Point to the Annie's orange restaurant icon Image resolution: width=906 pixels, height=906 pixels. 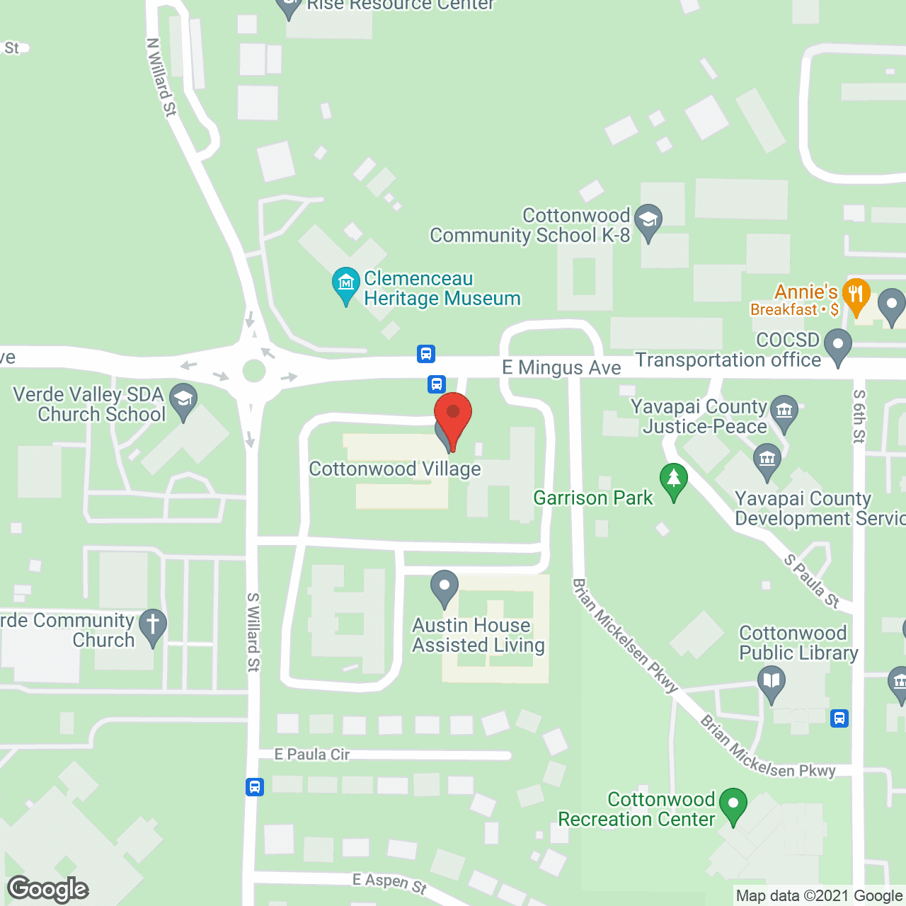[x=856, y=296]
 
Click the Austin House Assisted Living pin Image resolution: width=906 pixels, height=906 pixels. [x=445, y=587]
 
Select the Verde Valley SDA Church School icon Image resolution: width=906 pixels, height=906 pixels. [x=183, y=401]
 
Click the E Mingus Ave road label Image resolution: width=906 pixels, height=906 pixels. [x=561, y=367]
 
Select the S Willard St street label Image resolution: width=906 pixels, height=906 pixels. [x=253, y=631]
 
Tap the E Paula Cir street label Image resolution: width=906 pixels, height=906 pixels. [x=312, y=755]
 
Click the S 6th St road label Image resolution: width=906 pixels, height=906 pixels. [x=859, y=416]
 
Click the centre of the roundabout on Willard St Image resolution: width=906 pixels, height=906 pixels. [x=253, y=370]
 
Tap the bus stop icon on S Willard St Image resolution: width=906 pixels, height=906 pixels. [x=255, y=786]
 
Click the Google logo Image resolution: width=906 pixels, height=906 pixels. [x=48, y=889]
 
